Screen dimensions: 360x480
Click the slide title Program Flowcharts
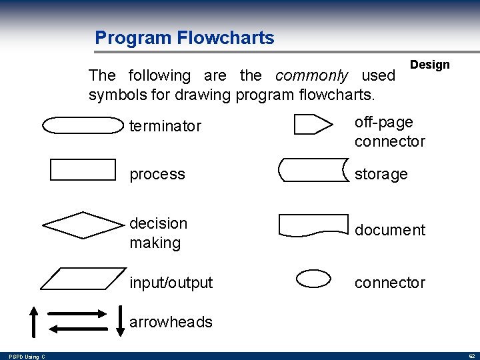(184, 37)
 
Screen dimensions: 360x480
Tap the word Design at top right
(429, 65)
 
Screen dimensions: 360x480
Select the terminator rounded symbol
(83, 125)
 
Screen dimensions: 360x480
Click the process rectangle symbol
(83, 170)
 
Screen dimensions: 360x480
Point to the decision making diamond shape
(83, 225)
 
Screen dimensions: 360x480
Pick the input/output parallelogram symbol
(83, 278)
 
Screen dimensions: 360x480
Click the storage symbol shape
(313, 170)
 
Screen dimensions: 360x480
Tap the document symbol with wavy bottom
(313, 225)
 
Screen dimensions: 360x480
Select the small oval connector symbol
(313, 279)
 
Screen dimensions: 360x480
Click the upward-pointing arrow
(34, 321)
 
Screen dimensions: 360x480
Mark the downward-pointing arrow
(120, 321)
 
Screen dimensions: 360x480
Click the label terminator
(165, 126)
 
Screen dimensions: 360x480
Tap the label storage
(381, 174)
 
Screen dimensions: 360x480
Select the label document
(389, 230)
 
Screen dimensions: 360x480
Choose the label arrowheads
(171, 322)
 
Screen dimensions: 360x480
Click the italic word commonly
(311, 76)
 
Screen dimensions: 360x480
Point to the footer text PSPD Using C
(23, 357)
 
